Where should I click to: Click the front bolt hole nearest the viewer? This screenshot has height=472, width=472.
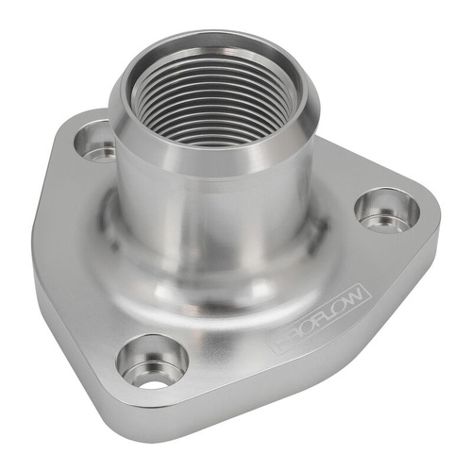(152, 362)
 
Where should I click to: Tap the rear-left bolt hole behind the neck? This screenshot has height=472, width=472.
(95, 143)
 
